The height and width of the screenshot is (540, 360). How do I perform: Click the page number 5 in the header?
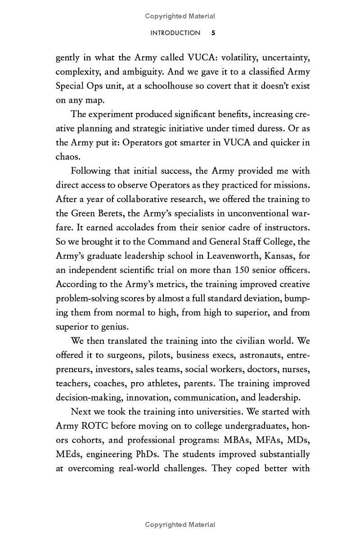pos(213,33)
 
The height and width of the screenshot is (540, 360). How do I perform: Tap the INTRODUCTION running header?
pos(175,33)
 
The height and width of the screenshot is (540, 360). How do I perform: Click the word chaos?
pos(67,157)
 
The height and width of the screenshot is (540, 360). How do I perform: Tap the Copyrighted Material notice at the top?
pos(180,16)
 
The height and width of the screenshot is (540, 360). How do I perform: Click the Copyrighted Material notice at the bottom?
pos(180,525)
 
